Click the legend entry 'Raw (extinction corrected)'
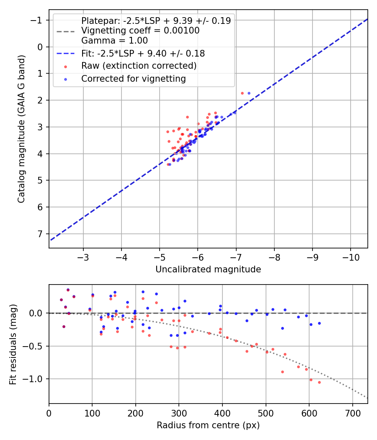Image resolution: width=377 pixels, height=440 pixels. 139,66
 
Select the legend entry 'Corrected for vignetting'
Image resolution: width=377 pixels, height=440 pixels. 134,79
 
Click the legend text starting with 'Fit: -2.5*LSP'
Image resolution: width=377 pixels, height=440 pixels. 143,54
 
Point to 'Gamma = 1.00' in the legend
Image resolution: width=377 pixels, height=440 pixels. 114,41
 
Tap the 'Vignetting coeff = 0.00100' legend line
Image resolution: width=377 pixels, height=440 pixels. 140,31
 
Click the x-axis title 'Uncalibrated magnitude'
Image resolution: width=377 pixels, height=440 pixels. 208,269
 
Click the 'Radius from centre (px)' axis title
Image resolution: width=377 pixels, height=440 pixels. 208,425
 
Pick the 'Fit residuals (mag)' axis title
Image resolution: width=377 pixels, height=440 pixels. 13,344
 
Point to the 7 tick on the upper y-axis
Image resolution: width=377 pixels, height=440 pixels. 40,234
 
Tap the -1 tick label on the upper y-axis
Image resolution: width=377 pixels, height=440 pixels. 37,20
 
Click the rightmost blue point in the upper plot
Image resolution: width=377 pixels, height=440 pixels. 249,93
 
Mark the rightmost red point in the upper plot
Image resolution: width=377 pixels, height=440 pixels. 242,93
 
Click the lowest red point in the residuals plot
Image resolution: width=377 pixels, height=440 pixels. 319,382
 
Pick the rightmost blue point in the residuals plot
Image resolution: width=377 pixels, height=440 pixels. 319,323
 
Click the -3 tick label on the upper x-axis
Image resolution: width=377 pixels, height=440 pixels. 83,256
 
